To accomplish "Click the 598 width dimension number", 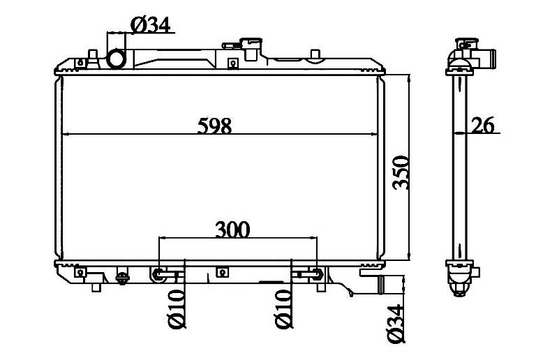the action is click(x=214, y=126).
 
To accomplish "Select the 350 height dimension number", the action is click(x=401, y=172).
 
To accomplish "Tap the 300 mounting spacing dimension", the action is click(x=232, y=230).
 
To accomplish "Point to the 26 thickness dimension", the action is click(x=483, y=125).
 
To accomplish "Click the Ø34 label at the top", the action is click(x=150, y=24).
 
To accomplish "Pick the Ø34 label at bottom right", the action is click(x=396, y=324).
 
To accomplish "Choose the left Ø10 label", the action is click(x=177, y=309).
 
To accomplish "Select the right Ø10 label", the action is click(x=283, y=309).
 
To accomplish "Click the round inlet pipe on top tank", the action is click(x=117, y=59).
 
